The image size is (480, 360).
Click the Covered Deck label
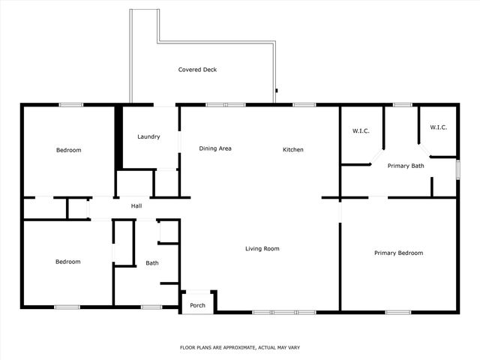(x=197, y=70)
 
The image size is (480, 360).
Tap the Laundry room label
(x=148, y=136)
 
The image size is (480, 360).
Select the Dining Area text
(x=215, y=148)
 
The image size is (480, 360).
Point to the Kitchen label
(x=292, y=150)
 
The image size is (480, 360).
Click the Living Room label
(x=262, y=248)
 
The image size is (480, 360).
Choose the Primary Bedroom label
(x=398, y=253)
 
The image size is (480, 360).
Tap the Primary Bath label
(x=406, y=166)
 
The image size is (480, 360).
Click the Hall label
(x=136, y=206)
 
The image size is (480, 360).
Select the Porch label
(x=197, y=305)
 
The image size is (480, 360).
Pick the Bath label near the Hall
(x=151, y=263)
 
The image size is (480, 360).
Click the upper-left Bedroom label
(x=68, y=150)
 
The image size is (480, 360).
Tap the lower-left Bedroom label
(x=67, y=262)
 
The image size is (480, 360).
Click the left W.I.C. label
(x=361, y=132)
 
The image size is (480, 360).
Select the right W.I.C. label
(x=439, y=127)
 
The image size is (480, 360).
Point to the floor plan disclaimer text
(x=239, y=347)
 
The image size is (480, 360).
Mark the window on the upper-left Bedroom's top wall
(x=70, y=105)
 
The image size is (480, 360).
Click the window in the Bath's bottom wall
(x=151, y=306)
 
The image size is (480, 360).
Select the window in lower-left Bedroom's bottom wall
(x=67, y=306)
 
